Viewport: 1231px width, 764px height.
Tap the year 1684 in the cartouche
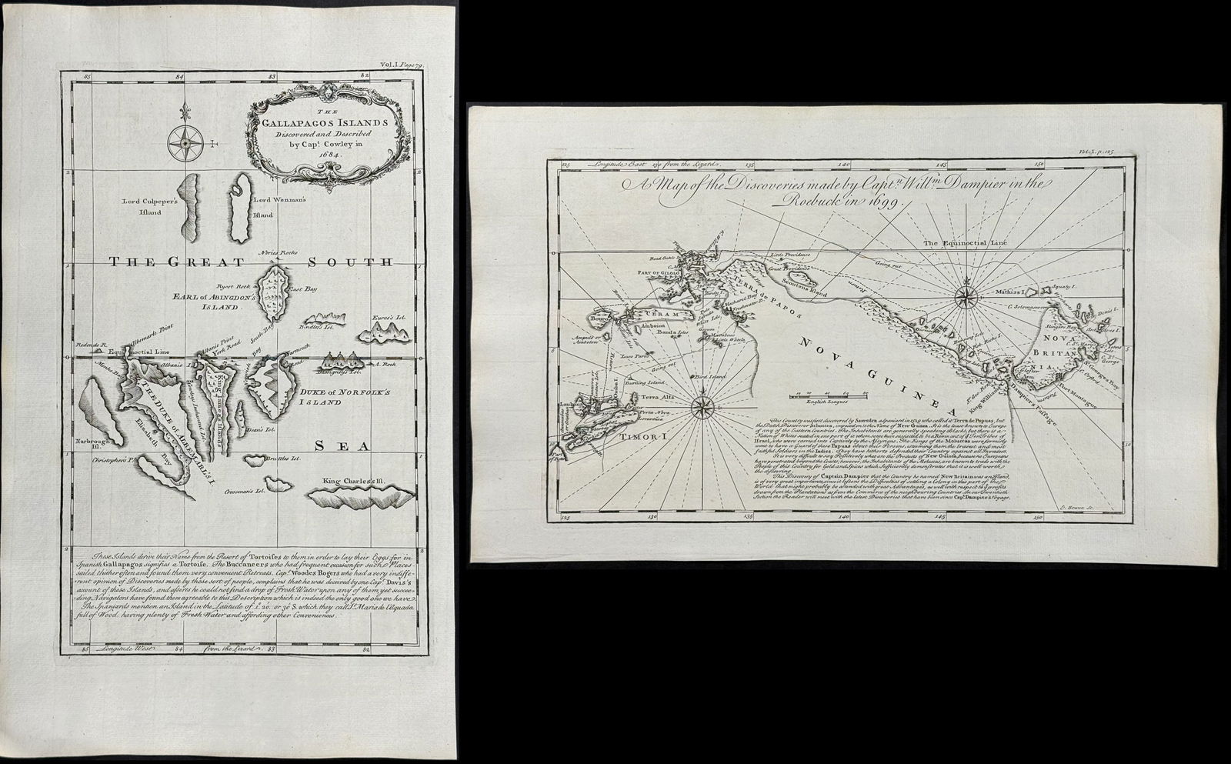tap(309, 154)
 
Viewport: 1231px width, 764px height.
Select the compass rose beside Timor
tap(704, 408)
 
